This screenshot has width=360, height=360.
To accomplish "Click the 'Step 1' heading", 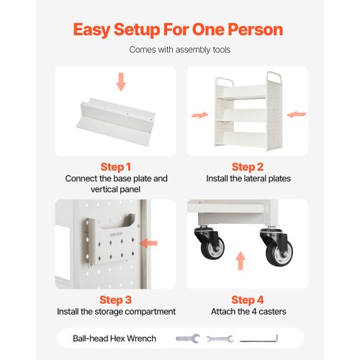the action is [x=116, y=167].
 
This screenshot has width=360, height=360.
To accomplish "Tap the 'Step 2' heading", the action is [x=248, y=167].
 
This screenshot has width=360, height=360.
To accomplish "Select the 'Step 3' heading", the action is [x=116, y=300].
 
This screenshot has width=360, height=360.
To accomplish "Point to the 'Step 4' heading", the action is [x=248, y=300].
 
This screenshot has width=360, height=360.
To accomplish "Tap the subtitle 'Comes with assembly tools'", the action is [x=180, y=50].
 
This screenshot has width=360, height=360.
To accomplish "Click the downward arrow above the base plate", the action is [x=121, y=82].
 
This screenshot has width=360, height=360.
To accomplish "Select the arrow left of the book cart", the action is [x=200, y=115].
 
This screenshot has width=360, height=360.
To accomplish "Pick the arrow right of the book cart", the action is [x=297, y=114].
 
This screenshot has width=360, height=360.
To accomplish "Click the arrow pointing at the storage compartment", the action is [x=148, y=243].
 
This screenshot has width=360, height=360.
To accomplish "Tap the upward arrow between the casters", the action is [x=240, y=261].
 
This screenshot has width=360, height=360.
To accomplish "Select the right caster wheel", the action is [x=280, y=253].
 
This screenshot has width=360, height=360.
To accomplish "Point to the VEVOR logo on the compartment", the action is [x=117, y=234].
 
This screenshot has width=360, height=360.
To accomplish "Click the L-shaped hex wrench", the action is [x=258, y=338].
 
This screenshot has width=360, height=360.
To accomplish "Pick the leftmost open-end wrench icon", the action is [x=188, y=338].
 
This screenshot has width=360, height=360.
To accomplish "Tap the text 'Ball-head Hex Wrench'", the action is [x=114, y=338].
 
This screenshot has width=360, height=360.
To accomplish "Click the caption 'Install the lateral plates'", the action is [x=248, y=179].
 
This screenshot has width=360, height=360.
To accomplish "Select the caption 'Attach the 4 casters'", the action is [x=248, y=312].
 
